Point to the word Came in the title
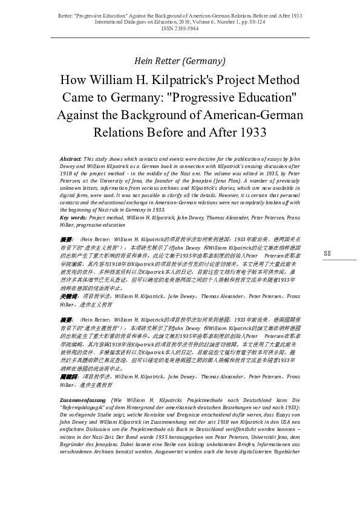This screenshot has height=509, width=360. [x=79, y=98]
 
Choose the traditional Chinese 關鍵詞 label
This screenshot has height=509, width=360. [x=68, y=376]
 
